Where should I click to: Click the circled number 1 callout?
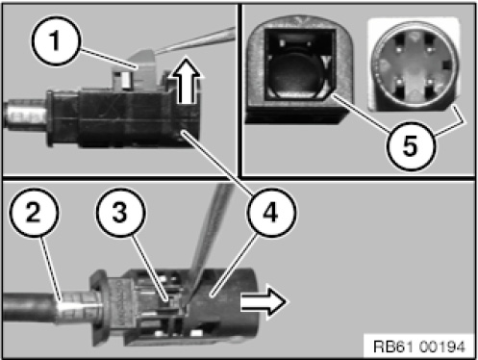(x=55, y=40)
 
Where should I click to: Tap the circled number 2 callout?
(x=35, y=213)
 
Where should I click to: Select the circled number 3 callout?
(x=120, y=213)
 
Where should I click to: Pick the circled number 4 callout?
(x=271, y=213)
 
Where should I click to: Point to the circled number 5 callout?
(x=411, y=146)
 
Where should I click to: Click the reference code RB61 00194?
(x=418, y=347)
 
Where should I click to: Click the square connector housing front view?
(x=299, y=70)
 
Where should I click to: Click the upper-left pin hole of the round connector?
(x=398, y=41)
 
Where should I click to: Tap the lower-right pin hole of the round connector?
(x=430, y=88)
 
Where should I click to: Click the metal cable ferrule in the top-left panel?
(x=24, y=114)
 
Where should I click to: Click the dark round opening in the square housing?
(x=294, y=71)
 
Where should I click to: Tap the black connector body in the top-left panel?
(x=125, y=118)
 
